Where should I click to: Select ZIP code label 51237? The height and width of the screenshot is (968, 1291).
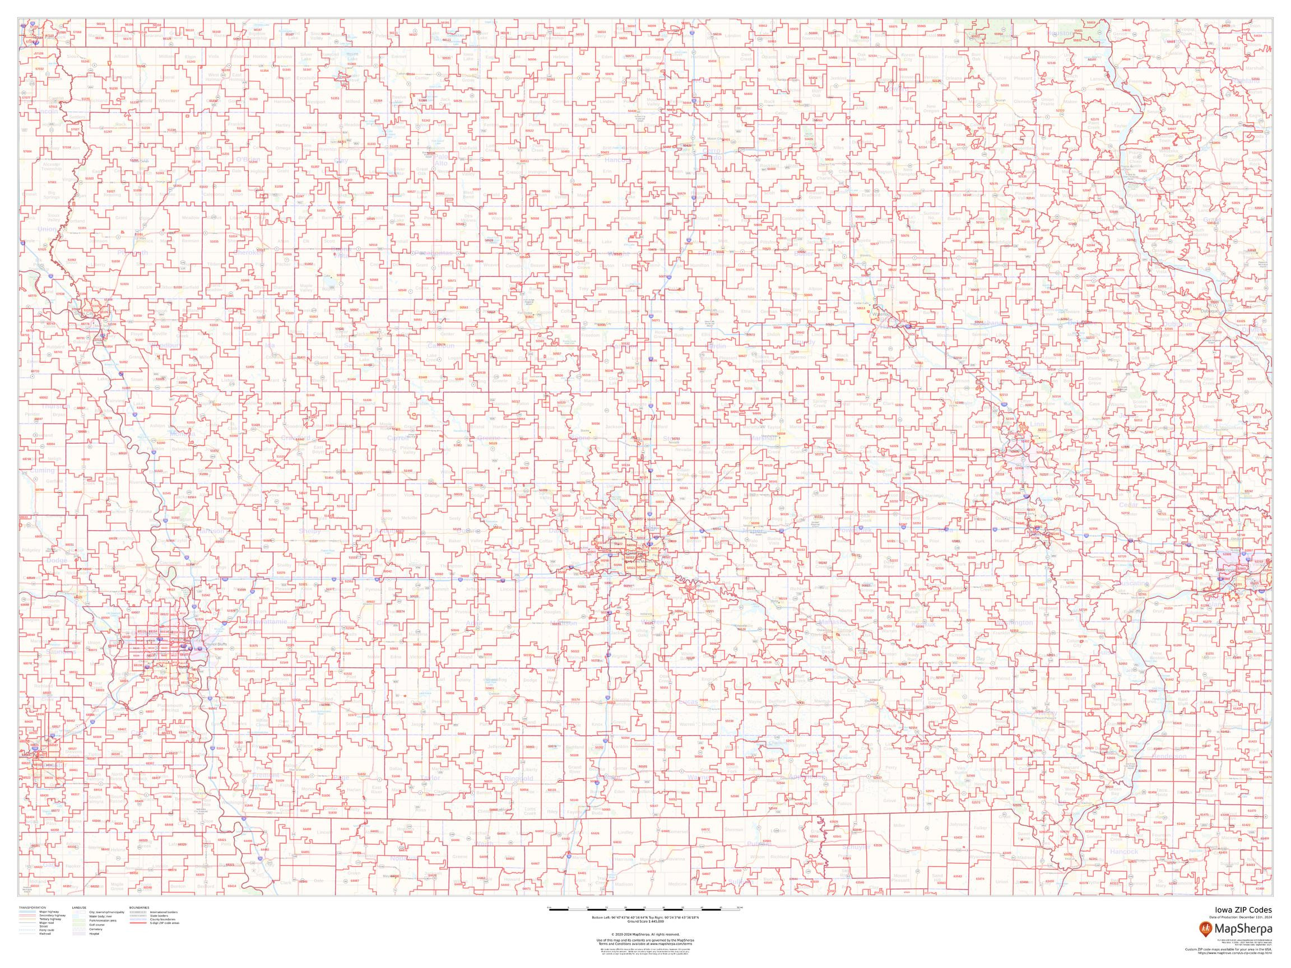point(174,91)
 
